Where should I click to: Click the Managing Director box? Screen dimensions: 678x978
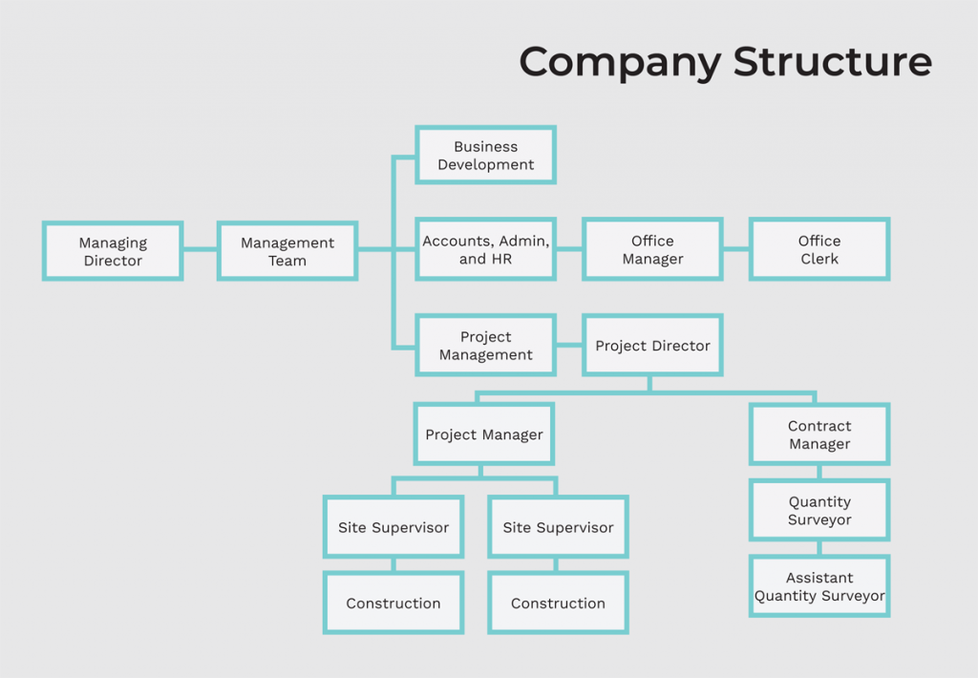tap(113, 251)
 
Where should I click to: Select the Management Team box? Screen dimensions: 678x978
tap(287, 251)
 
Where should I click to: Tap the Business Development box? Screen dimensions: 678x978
tap(485, 156)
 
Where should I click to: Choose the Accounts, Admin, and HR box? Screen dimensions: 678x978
tap(485, 250)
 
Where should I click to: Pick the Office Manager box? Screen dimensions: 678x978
tap(652, 250)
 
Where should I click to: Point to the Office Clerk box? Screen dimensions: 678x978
tap(819, 250)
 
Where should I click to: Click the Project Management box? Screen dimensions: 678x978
tap(485, 346)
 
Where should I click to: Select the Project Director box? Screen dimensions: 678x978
tap(652, 346)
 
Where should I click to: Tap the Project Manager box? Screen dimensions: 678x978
tap(484, 434)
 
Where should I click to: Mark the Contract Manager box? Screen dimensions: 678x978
tap(819, 434)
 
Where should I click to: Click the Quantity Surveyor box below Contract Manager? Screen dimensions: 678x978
tap(819, 511)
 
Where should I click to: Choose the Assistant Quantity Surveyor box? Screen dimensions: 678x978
tap(819, 586)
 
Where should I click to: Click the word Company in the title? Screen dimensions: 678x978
tap(620, 63)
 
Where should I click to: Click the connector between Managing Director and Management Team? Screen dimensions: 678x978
tap(200, 250)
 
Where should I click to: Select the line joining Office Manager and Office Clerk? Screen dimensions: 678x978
tap(735, 249)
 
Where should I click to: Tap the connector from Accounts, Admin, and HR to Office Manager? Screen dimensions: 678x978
tap(569, 249)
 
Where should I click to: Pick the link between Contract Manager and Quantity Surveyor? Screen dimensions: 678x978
tap(819, 472)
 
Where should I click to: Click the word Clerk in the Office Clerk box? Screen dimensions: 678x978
tap(819, 259)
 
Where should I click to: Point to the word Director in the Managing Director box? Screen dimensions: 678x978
tap(113, 261)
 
